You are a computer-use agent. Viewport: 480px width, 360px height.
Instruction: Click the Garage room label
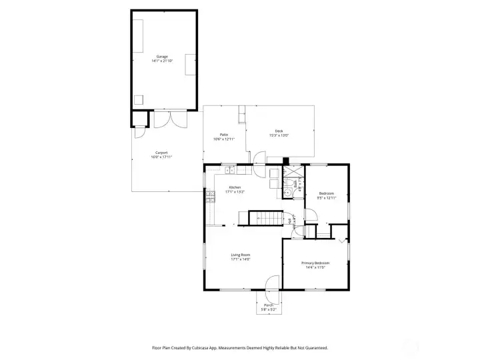(x=162, y=57)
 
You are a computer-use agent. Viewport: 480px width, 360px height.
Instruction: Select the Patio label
(x=224, y=135)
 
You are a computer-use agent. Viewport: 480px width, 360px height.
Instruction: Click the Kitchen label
(x=235, y=187)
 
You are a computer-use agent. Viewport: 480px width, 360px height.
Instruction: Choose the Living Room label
(x=240, y=255)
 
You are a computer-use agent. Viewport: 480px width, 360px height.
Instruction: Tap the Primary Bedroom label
(x=315, y=263)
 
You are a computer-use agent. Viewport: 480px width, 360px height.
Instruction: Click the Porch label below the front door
(x=269, y=305)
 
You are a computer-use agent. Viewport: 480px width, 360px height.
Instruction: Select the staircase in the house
(x=262, y=217)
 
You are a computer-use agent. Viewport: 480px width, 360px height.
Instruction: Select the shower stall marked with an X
(x=289, y=171)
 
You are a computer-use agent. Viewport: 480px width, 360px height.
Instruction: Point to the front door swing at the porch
(x=272, y=283)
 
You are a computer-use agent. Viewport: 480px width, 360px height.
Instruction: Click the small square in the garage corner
(x=139, y=100)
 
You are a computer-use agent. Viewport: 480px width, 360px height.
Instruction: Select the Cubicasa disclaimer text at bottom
(x=239, y=347)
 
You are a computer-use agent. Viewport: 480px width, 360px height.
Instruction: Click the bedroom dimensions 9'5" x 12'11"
(x=327, y=197)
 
